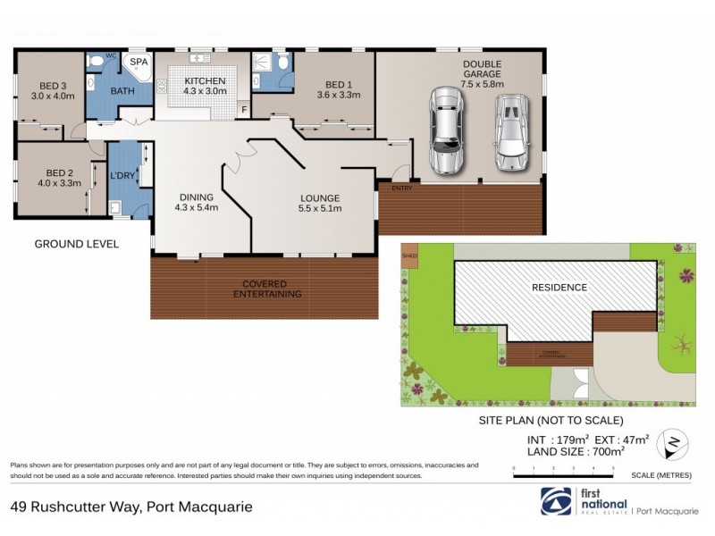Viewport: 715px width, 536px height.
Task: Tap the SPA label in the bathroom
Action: coord(139,63)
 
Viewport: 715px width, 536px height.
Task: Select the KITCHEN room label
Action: coord(206,80)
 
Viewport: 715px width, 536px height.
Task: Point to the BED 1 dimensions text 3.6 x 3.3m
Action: coord(338,96)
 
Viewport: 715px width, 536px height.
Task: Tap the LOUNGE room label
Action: coord(318,197)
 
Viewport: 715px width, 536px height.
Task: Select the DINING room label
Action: coord(196,197)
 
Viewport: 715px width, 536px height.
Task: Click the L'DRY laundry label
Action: coord(122,176)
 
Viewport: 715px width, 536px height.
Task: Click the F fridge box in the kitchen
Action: coord(242,111)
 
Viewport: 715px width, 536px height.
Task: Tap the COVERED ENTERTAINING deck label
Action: coord(267,289)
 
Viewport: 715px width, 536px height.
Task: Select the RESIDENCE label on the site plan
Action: coord(559,288)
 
